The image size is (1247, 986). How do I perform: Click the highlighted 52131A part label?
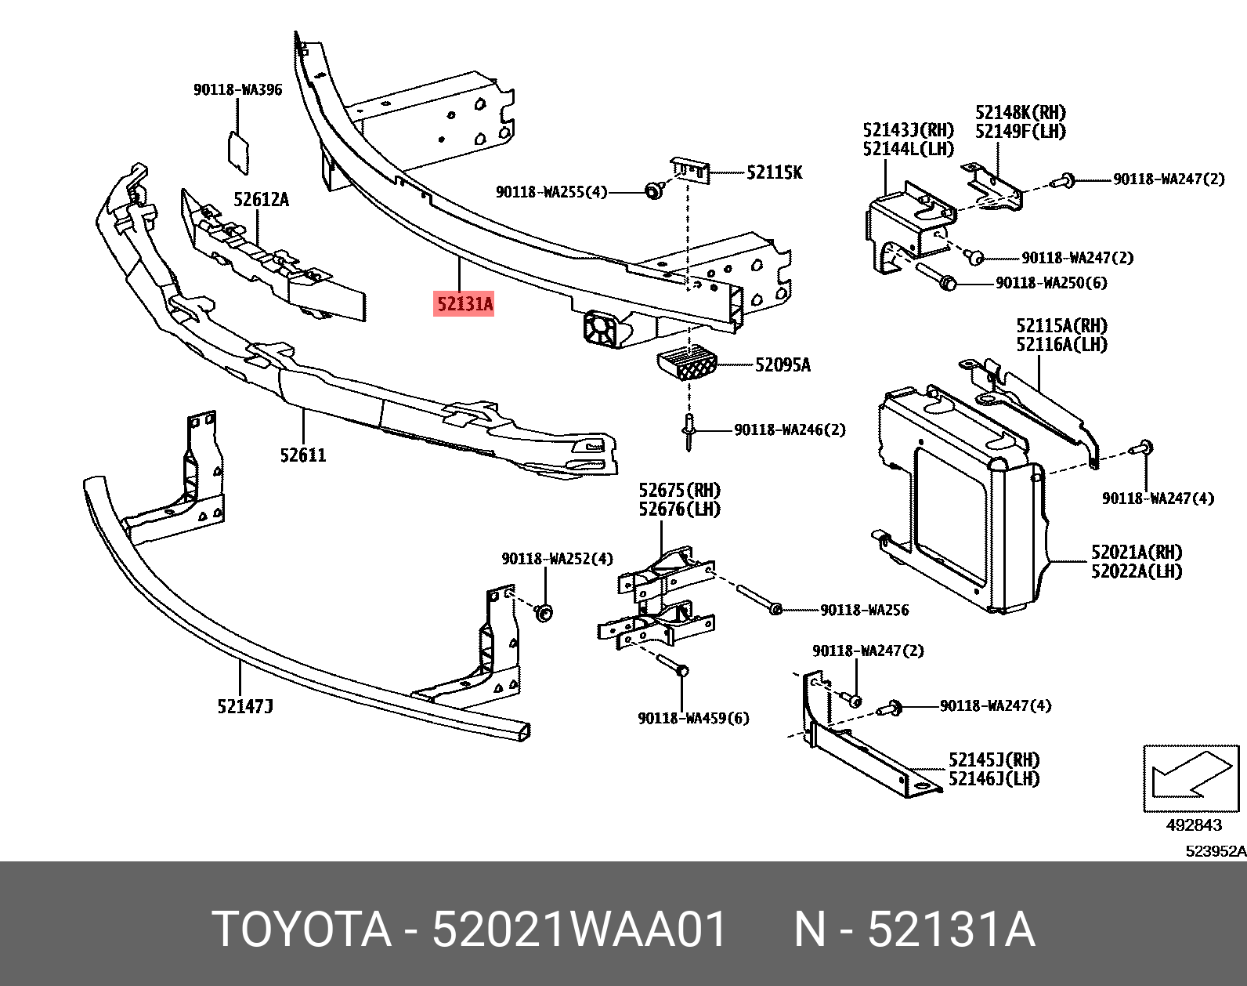tap(464, 303)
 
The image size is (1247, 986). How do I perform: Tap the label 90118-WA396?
tap(237, 90)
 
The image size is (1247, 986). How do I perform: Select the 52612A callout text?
tap(261, 200)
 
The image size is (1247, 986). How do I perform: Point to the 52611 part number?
tap(303, 455)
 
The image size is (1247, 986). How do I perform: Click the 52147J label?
tap(245, 707)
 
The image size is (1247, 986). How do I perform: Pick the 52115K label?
tap(774, 173)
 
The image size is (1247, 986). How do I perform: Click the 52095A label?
tap(783, 365)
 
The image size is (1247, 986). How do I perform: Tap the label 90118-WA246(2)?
tap(790, 430)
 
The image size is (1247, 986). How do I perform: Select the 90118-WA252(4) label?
tap(557, 559)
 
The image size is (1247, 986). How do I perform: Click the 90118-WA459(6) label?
tap(693, 719)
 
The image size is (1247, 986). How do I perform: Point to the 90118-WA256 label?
tap(864, 611)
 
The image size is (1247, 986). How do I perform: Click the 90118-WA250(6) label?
tap(1051, 284)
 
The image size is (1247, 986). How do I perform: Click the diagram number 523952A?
tap(1215, 852)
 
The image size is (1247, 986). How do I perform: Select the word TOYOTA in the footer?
tap(302, 930)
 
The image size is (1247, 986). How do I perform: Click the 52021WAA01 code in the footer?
tap(580, 930)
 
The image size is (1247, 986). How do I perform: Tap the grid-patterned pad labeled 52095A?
tap(686, 364)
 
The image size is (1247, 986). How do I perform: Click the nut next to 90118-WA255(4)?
tap(652, 190)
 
